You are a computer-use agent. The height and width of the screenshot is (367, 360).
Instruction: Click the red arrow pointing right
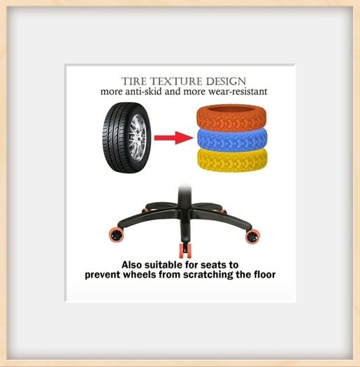173,138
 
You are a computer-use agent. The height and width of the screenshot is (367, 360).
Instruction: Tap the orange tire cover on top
231,117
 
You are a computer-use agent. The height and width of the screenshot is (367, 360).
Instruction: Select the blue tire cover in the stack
232,140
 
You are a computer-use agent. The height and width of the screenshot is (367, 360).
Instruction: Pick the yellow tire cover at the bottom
232,160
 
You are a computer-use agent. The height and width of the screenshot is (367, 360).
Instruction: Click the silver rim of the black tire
138,138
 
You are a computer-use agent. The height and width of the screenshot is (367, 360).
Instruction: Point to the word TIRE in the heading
134,82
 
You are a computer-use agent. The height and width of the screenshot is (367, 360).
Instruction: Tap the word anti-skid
143,92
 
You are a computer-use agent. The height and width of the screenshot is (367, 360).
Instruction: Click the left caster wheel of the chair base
115,235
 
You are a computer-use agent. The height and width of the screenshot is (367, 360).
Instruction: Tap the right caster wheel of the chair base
252,236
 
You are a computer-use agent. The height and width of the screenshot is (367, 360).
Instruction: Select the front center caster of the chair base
185,251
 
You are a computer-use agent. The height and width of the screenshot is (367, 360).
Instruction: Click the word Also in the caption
132,265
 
